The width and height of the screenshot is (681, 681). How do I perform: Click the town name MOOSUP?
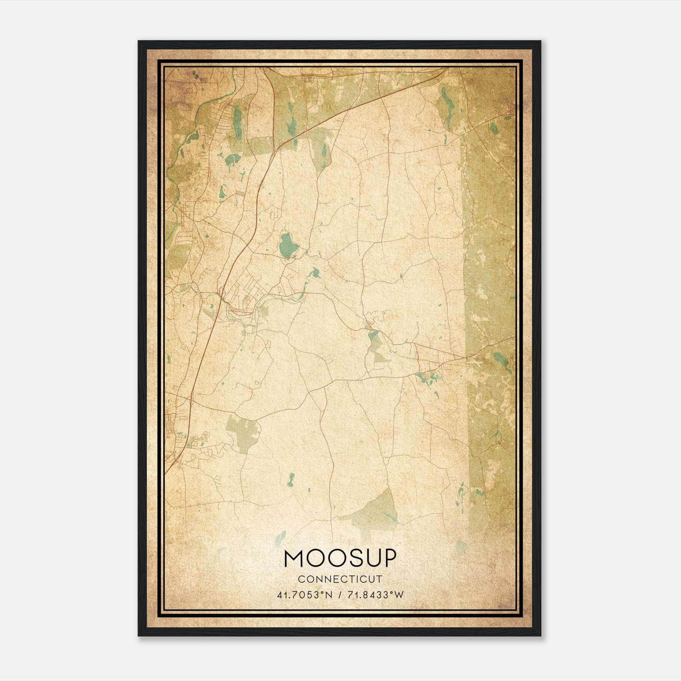340,558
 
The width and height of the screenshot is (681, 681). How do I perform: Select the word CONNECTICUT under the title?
340,579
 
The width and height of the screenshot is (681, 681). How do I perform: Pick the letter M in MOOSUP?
294,558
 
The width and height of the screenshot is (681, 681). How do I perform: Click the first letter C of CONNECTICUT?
301,579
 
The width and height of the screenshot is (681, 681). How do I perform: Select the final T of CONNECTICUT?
380,579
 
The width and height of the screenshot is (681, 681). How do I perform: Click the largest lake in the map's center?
287,245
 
